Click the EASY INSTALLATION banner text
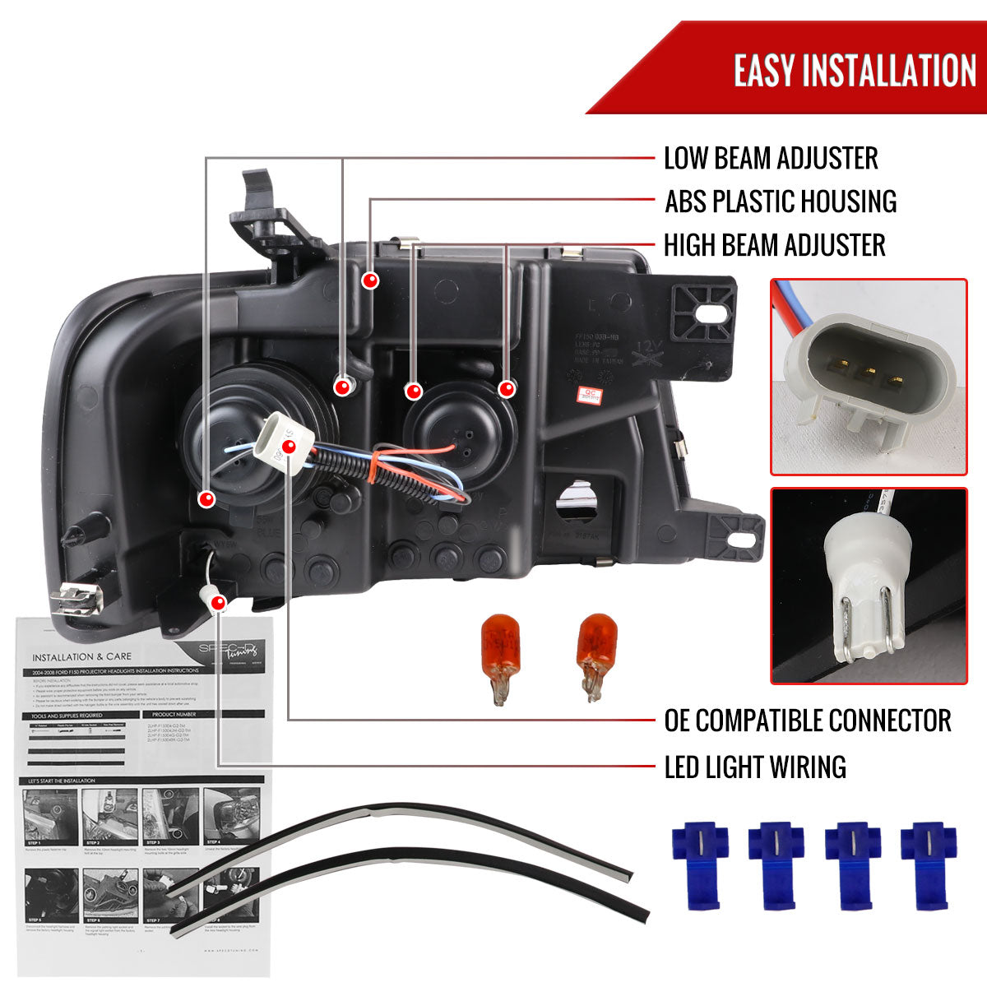(x=855, y=70)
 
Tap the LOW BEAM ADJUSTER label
(x=771, y=158)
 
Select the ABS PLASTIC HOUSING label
(x=780, y=202)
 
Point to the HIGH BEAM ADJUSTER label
(x=774, y=245)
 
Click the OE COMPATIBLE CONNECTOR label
(x=807, y=721)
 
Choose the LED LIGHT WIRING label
(x=754, y=767)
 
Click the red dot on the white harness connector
(x=289, y=447)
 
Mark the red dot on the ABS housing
(x=371, y=280)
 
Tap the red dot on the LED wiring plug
(x=218, y=603)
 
